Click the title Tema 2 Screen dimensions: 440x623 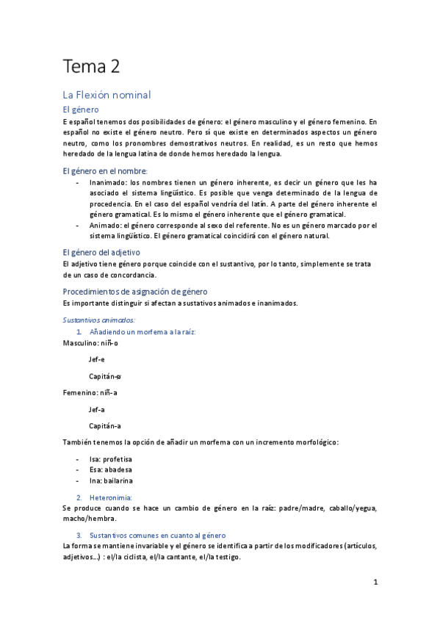point(91,66)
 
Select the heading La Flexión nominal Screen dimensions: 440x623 point(107,95)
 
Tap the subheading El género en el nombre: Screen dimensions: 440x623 point(105,170)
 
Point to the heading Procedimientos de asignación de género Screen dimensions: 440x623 point(135,292)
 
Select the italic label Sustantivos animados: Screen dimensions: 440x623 point(98,320)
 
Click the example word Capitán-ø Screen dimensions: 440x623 point(105,375)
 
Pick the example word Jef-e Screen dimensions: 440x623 point(97,359)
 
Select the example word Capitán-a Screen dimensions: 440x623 point(105,425)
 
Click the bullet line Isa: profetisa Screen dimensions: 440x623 point(111,458)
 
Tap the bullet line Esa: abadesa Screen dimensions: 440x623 point(111,469)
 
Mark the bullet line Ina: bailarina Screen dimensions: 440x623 point(111,480)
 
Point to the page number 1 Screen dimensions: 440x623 point(375,582)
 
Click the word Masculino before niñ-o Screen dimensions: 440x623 point(80,343)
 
